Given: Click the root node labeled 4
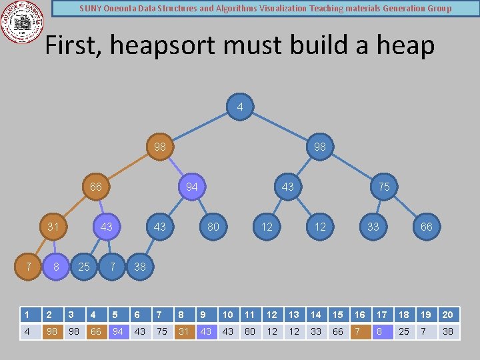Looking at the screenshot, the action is [240, 107].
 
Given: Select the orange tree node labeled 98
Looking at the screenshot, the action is [160, 147].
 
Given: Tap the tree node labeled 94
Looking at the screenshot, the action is [192, 187].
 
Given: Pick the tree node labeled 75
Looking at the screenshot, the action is [384, 187].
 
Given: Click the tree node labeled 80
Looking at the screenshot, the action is [213, 227].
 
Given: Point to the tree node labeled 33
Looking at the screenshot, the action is [373, 227].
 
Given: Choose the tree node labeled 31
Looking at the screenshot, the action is [53, 227].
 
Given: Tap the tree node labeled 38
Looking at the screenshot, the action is [140, 267].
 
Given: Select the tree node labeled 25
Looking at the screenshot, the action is [84, 267].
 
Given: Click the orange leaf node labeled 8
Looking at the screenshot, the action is [56, 267].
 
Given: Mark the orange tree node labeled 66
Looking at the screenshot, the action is [96, 187].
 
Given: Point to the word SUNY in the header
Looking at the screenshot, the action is [91, 9].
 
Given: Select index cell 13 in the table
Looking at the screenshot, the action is [294, 315].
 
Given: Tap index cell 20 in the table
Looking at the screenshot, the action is [448, 315].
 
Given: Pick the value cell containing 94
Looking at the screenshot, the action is [118, 331].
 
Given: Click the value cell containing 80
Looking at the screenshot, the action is [250, 331].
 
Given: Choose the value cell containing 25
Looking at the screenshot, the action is [404, 331].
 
